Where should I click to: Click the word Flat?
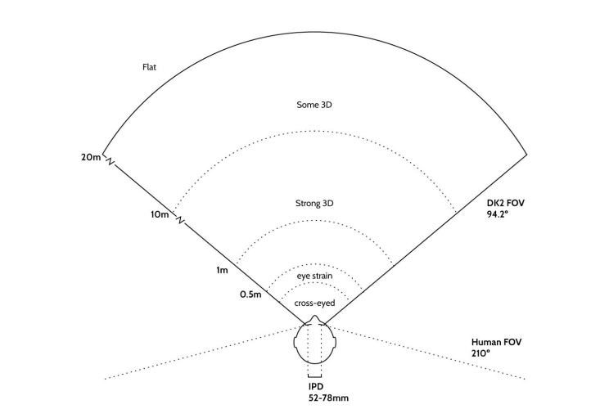[x=149, y=67]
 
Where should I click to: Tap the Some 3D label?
[x=314, y=105]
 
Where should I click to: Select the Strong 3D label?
[x=314, y=204]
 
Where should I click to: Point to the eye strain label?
[x=314, y=276]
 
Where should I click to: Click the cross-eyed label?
[x=314, y=303]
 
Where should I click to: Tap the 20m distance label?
[x=91, y=157]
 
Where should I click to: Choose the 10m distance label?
[x=160, y=214]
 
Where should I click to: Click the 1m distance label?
[x=222, y=270]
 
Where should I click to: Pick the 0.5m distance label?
[x=250, y=294]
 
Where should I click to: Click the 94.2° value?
[x=498, y=213]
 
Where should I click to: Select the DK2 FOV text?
[x=505, y=203]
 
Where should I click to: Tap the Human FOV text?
[x=496, y=342]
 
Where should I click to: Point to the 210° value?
[x=480, y=353]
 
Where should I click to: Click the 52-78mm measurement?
[x=328, y=398]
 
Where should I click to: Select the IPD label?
[x=316, y=387]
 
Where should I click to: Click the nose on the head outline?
[x=314, y=319]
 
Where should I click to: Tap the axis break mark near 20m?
[x=111, y=161]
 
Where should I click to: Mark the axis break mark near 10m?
[x=180, y=220]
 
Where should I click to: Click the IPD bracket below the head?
[x=314, y=375]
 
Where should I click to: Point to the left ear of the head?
[x=295, y=342]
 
